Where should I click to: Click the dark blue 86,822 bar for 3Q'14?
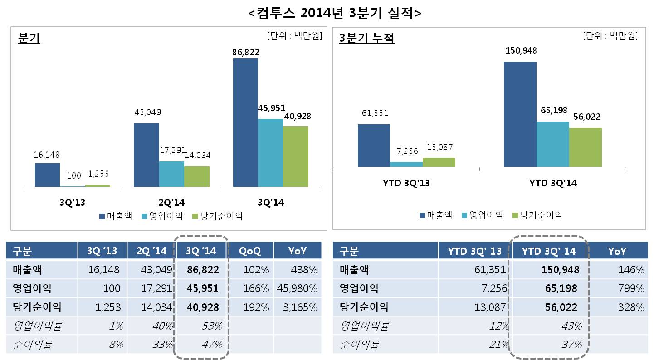(245, 122)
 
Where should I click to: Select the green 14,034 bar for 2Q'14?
(197, 176)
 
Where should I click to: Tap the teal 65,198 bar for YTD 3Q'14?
(552, 144)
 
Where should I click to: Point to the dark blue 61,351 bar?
(374, 145)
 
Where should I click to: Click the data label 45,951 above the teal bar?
(271, 108)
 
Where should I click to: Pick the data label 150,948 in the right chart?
(521, 51)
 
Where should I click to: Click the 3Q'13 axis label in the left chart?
(72, 203)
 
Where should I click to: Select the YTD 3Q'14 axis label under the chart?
(553, 183)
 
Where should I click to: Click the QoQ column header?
(250, 251)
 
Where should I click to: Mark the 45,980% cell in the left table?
(298, 288)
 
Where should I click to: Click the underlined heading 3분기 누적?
(366, 39)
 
